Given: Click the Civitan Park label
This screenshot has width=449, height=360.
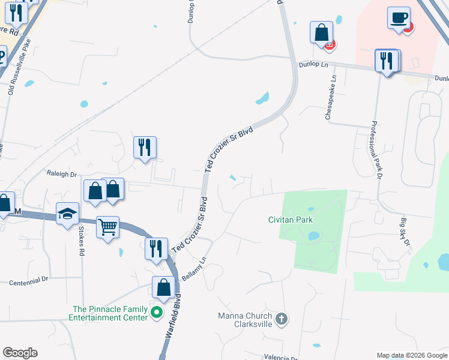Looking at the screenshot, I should (291, 220).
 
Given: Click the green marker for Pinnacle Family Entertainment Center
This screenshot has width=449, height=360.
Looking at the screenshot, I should (157, 312).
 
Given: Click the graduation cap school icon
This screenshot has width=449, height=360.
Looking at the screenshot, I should (68, 214).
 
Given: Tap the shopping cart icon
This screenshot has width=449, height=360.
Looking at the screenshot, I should (107, 227).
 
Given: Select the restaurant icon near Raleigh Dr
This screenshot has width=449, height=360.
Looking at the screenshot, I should (145, 147).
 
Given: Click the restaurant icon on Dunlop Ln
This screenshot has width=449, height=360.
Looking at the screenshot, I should (387, 61).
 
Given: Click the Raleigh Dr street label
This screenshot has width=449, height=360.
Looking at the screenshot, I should (62, 174).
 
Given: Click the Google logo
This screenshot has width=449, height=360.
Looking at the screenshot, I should (20, 353).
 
